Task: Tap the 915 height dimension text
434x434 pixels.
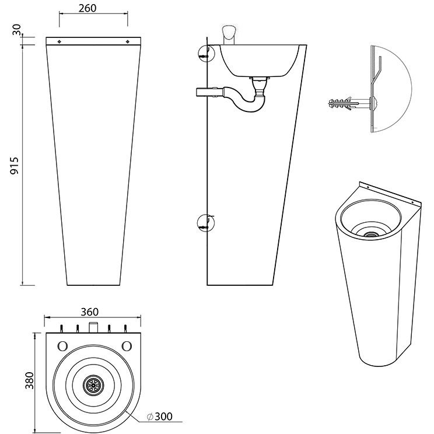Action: (x=15, y=167)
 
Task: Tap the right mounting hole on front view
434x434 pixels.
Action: (x=128, y=41)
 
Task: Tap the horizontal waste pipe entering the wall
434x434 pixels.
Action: (x=206, y=92)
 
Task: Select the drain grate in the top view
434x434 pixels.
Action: (x=93, y=383)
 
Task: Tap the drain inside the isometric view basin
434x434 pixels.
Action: (x=369, y=234)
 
